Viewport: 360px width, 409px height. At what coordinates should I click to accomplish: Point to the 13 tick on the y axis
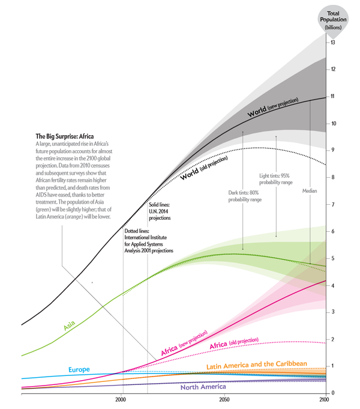332,43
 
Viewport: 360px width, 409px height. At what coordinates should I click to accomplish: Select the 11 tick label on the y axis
332,97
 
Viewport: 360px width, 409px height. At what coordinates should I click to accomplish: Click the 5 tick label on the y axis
332,258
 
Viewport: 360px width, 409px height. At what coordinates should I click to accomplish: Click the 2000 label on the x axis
122,400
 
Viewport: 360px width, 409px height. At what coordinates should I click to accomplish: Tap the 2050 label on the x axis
223,400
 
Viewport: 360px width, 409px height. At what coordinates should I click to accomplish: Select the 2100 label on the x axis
323,400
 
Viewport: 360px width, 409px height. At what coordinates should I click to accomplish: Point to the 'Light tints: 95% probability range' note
275,178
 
